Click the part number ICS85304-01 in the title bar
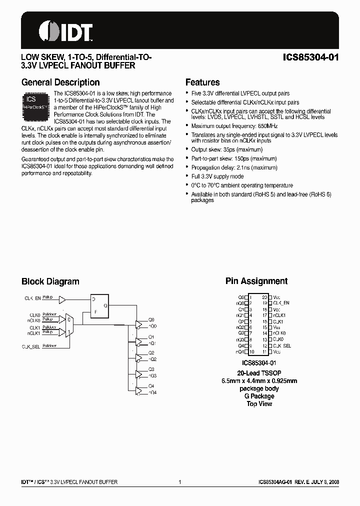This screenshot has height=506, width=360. point(309,57)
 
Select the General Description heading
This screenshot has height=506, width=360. point(60,82)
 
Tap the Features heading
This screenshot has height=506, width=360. point(202,82)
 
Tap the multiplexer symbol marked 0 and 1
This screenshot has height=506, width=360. point(69,325)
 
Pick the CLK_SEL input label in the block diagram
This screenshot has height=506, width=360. point(31,346)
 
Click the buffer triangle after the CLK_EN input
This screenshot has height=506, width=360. point(62,300)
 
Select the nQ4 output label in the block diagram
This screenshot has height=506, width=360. point(152,392)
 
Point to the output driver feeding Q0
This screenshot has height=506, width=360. point(139,323)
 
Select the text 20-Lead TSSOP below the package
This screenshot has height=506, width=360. point(258,373)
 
